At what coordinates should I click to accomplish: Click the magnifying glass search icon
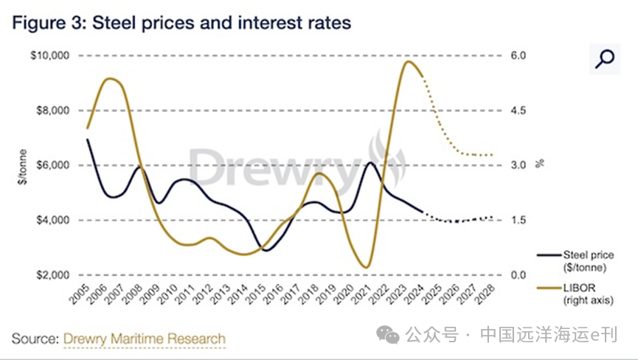(x=605, y=58)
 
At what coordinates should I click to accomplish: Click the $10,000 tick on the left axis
(x=48, y=55)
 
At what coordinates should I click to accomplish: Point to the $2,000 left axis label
(x=51, y=275)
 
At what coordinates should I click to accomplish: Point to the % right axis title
(x=540, y=165)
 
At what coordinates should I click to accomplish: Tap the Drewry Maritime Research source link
(x=145, y=339)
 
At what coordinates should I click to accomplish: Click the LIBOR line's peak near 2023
(x=408, y=61)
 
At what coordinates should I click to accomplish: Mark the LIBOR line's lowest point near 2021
(x=366, y=267)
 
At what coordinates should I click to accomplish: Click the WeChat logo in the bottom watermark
(x=389, y=336)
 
